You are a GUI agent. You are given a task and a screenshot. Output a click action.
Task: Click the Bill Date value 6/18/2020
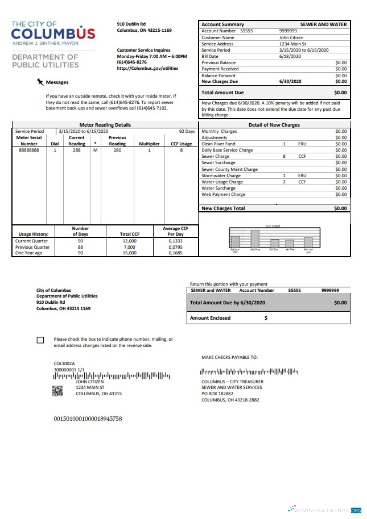pos(288,57)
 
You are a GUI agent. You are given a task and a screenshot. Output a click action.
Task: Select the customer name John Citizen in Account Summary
pos(291,37)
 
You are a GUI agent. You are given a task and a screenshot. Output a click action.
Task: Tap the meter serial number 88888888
pos(28,150)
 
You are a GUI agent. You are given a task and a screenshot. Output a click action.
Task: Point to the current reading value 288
pos(77,150)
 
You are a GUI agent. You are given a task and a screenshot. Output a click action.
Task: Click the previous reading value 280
pos(117,150)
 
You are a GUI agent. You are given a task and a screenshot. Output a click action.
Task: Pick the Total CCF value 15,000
pos(129,253)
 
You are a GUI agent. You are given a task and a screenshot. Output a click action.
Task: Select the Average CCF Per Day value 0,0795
pos(176,246)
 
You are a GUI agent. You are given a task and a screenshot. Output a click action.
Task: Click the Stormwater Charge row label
pos(222,175)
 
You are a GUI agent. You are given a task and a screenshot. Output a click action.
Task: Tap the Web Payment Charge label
pos(223,194)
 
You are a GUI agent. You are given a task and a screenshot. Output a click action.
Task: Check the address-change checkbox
pos(40,340)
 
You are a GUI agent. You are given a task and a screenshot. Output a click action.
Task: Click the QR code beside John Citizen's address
pos(57,390)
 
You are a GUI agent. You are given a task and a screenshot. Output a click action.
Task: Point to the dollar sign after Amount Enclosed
pos(266,318)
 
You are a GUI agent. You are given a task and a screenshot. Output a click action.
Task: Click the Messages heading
pos(57,82)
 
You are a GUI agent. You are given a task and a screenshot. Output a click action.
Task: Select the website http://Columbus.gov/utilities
pos(147,68)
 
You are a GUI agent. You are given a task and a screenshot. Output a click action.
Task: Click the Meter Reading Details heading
pos(105,124)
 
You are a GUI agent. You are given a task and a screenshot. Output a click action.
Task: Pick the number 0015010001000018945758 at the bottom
pos(88,418)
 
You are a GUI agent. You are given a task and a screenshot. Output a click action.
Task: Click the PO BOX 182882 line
pos(218,393)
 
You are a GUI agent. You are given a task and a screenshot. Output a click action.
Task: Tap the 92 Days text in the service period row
pos(187,131)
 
